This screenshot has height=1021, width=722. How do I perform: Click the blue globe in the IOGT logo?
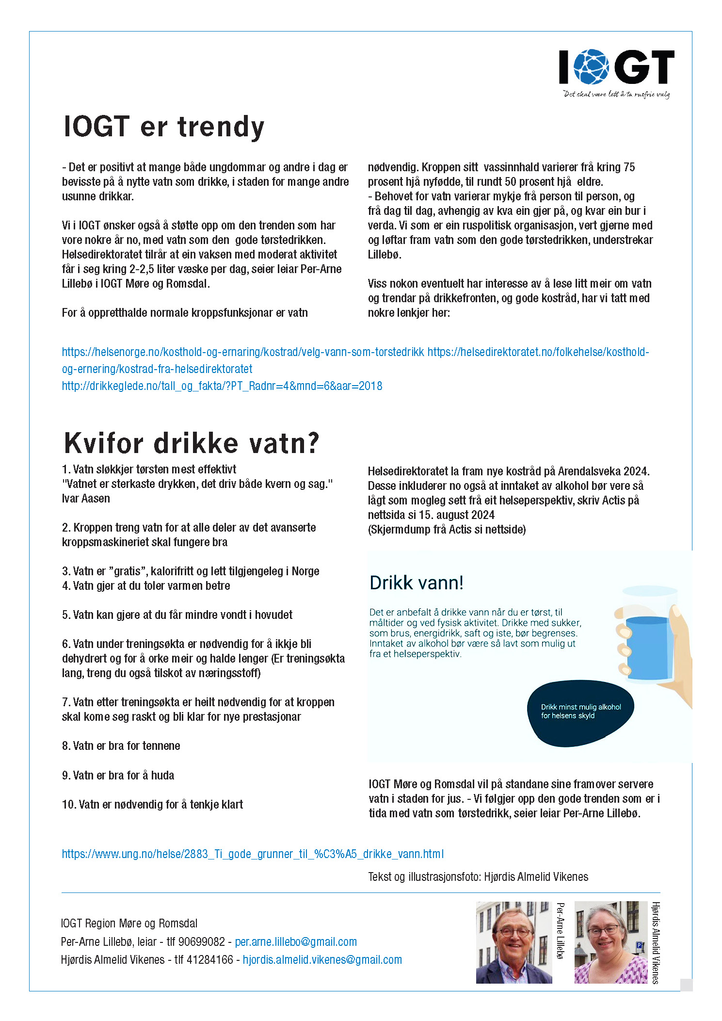(x=591, y=66)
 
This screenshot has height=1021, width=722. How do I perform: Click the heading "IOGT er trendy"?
(x=164, y=127)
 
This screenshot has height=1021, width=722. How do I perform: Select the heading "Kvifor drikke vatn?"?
(x=192, y=443)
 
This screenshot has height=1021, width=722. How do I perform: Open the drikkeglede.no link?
(x=222, y=386)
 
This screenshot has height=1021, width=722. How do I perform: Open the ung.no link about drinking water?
(x=253, y=854)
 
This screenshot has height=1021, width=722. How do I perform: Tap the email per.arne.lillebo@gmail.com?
(x=296, y=942)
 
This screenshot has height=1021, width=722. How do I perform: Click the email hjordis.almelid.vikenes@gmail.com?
(x=322, y=960)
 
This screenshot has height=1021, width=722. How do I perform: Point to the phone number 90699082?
(x=202, y=942)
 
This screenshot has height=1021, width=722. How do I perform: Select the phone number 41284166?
(x=210, y=960)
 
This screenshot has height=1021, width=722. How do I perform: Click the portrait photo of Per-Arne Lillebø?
(x=513, y=942)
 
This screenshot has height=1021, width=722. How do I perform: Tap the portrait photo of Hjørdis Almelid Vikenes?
(x=610, y=942)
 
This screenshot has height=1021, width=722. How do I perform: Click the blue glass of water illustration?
(x=648, y=648)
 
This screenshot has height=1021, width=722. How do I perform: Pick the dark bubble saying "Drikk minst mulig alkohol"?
(x=580, y=712)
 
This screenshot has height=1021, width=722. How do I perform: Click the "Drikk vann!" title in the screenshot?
(x=416, y=583)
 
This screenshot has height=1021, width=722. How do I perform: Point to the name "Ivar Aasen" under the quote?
(x=86, y=499)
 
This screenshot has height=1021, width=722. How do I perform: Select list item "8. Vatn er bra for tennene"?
(x=121, y=746)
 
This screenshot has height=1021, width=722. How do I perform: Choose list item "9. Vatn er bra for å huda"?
(x=118, y=776)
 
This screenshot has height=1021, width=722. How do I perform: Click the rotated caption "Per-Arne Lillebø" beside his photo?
(x=561, y=931)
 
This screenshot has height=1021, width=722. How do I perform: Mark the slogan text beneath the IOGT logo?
(x=616, y=94)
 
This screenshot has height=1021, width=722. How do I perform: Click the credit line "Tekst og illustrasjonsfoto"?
(x=478, y=877)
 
